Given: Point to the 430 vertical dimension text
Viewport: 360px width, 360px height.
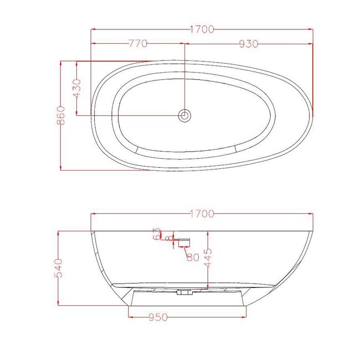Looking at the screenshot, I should (77, 89).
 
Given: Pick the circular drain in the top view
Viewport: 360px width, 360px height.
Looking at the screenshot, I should (184, 115).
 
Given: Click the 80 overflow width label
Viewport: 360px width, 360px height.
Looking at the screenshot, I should (192, 256).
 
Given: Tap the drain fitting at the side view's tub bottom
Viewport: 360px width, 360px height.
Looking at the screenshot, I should (183, 292).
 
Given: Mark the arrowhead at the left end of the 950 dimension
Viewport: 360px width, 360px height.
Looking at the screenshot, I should (131, 317).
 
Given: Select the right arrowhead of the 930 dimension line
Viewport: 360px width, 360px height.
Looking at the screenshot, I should (311, 43).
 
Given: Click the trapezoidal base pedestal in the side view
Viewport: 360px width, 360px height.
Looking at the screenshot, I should (187, 298).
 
